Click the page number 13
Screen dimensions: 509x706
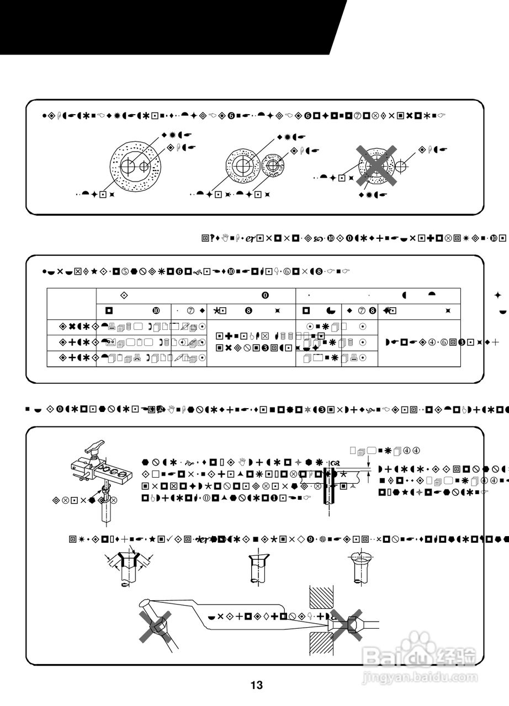[x=256, y=686]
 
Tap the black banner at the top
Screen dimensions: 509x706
[x=166, y=26]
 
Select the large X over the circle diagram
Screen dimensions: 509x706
[x=376, y=165]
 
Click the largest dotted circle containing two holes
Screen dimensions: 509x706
[x=135, y=165]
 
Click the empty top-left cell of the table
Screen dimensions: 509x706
[x=71, y=303]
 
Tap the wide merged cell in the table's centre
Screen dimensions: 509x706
[x=251, y=343]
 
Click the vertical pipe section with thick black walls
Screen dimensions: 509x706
[x=330, y=485]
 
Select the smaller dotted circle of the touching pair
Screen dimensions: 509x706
[x=272, y=164]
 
